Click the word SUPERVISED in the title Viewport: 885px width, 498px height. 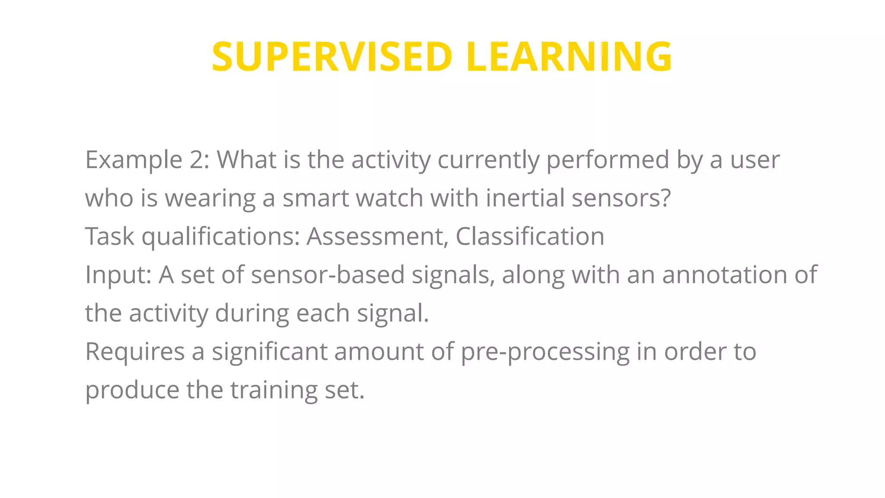click(x=332, y=57)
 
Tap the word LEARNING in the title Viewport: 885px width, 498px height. click(x=569, y=57)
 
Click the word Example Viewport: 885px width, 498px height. click(x=134, y=160)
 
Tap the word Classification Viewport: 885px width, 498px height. click(x=530, y=236)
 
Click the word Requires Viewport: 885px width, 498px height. click(x=135, y=352)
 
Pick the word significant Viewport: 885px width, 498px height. click(x=269, y=352)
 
